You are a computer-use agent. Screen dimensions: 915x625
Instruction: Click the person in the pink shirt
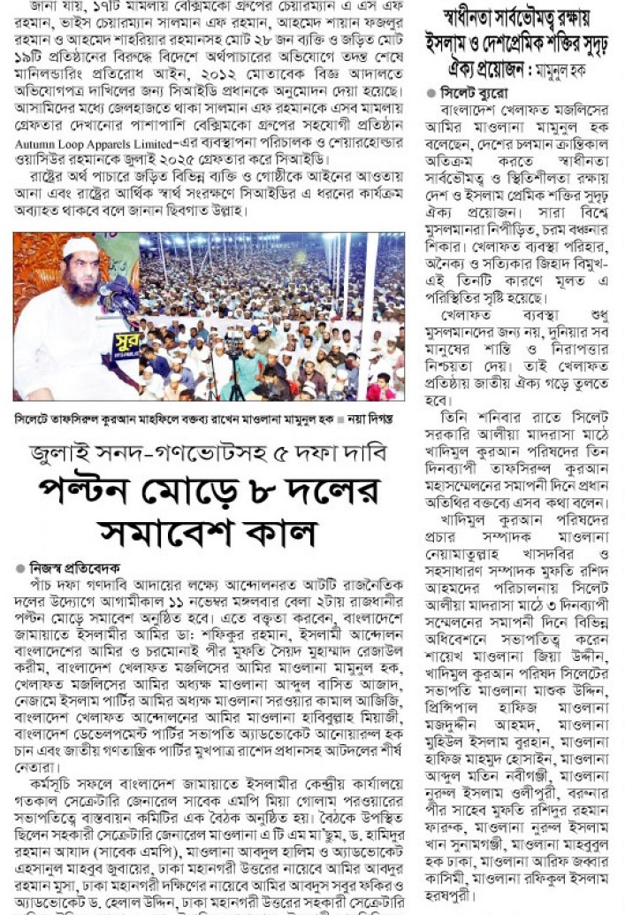coord(382,387)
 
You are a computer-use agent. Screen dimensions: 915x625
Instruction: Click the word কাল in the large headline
coord(283,533)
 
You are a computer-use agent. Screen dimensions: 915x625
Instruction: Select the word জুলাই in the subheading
coord(66,453)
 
